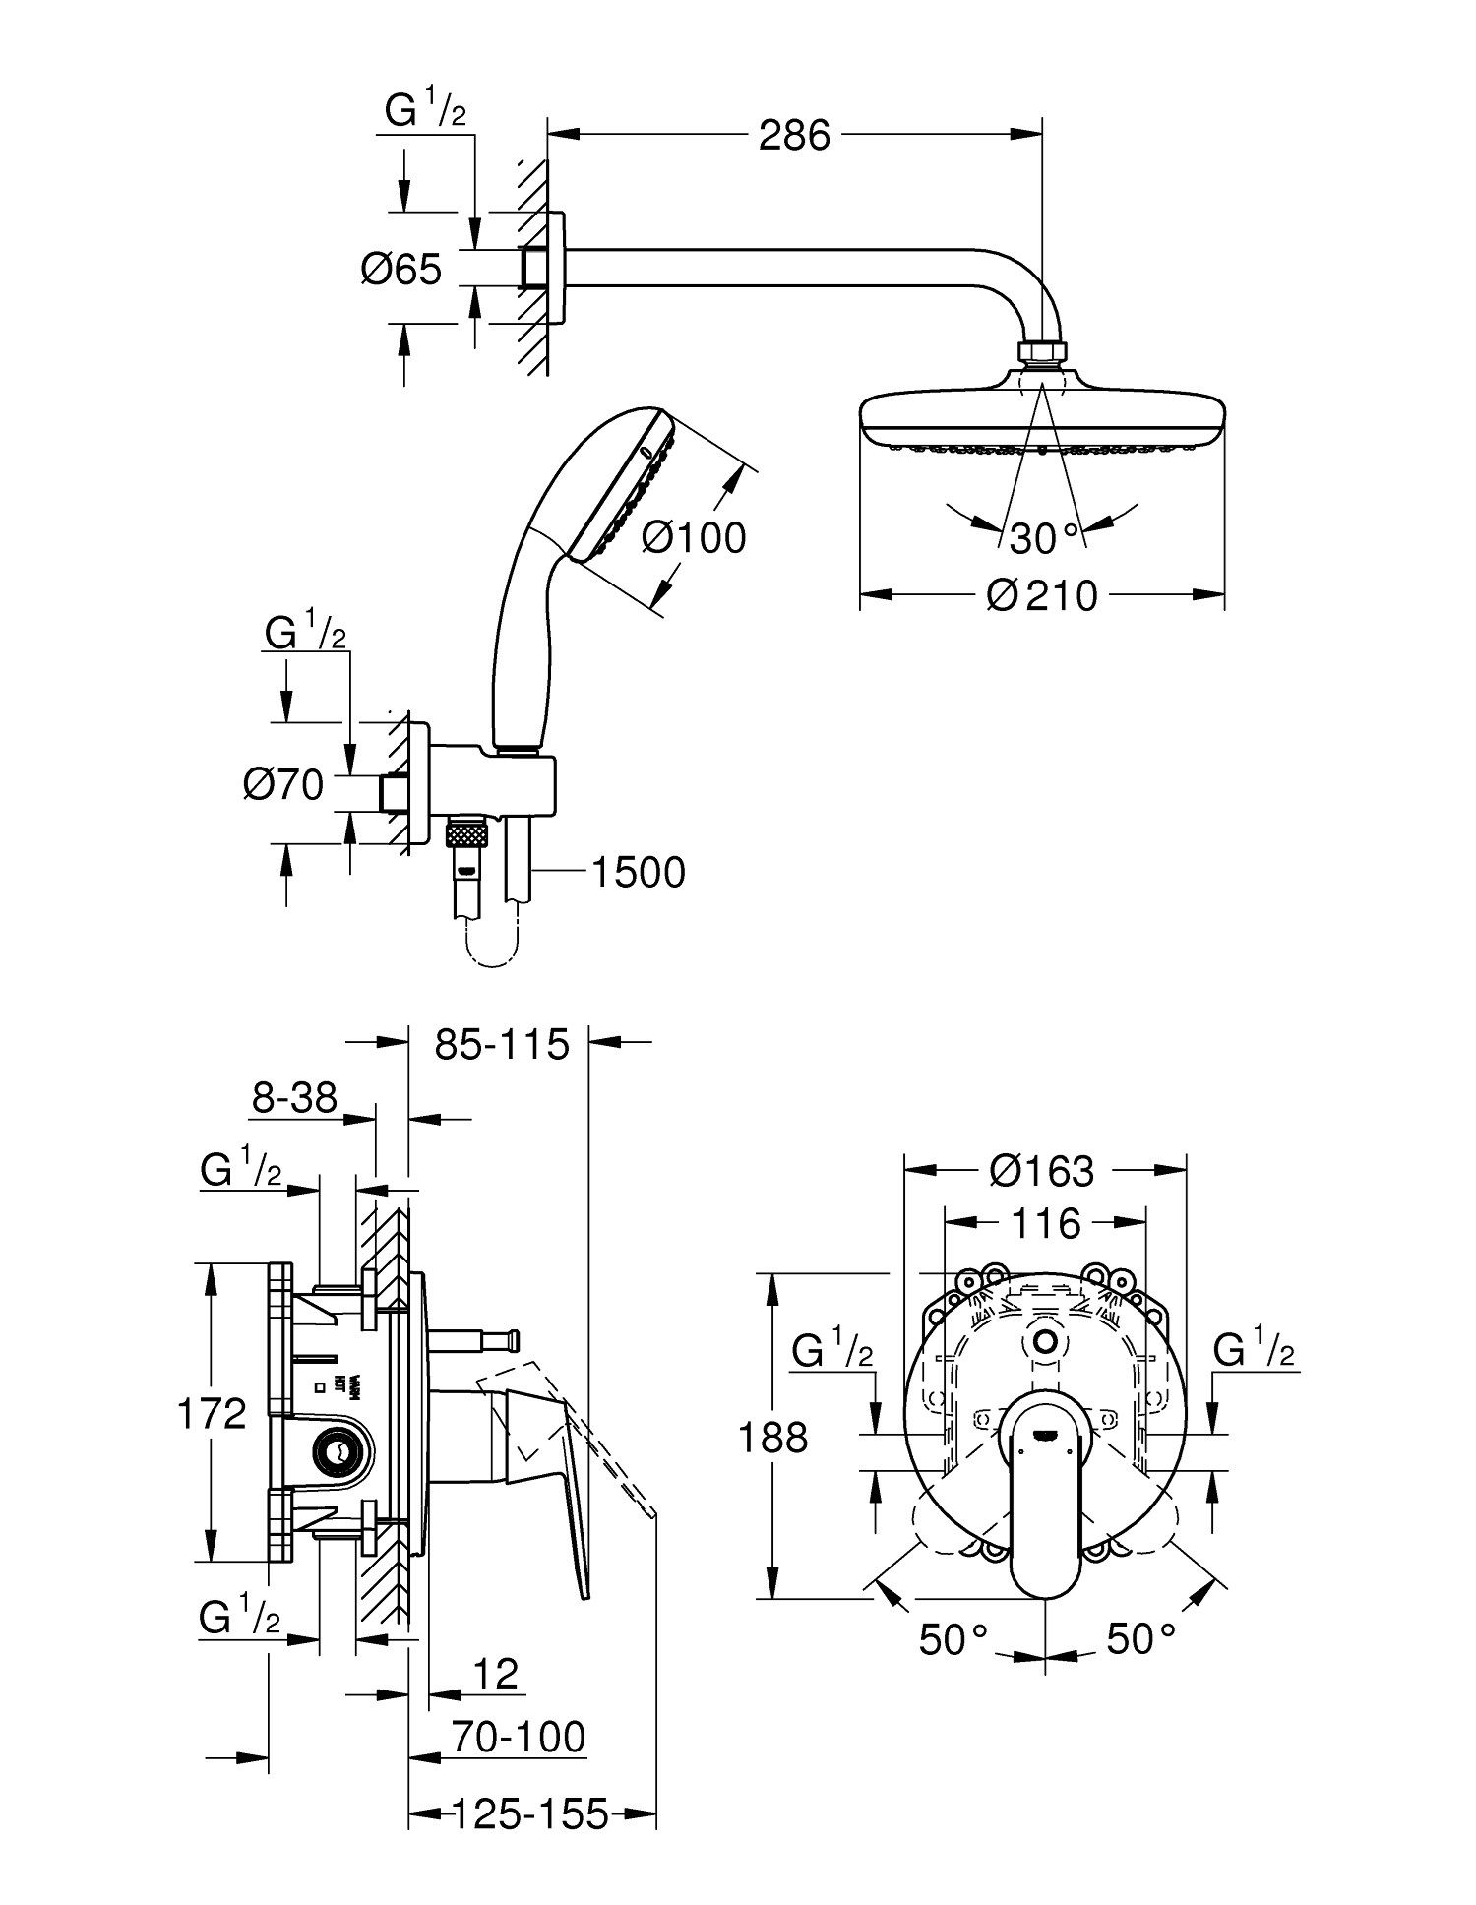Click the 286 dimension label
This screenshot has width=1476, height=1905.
point(794,135)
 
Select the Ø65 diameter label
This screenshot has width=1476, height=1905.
point(400,269)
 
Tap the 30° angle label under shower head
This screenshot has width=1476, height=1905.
point(1045,538)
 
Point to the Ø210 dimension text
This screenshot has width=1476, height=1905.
point(1042,595)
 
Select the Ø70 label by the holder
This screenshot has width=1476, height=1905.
point(283,784)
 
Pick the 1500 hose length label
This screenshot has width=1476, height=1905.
point(639,872)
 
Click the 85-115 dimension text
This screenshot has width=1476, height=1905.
point(503,1044)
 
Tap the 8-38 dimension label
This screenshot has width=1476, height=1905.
point(294,1097)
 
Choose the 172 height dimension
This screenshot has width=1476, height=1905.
point(212,1415)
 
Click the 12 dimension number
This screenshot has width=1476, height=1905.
point(495,1673)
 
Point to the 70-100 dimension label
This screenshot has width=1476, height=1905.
point(519,1737)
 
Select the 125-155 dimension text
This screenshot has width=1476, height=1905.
point(530,1813)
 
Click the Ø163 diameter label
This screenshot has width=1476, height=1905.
point(1042,1170)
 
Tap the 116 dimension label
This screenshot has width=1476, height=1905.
point(1044,1223)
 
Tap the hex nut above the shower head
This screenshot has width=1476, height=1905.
point(1042,353)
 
